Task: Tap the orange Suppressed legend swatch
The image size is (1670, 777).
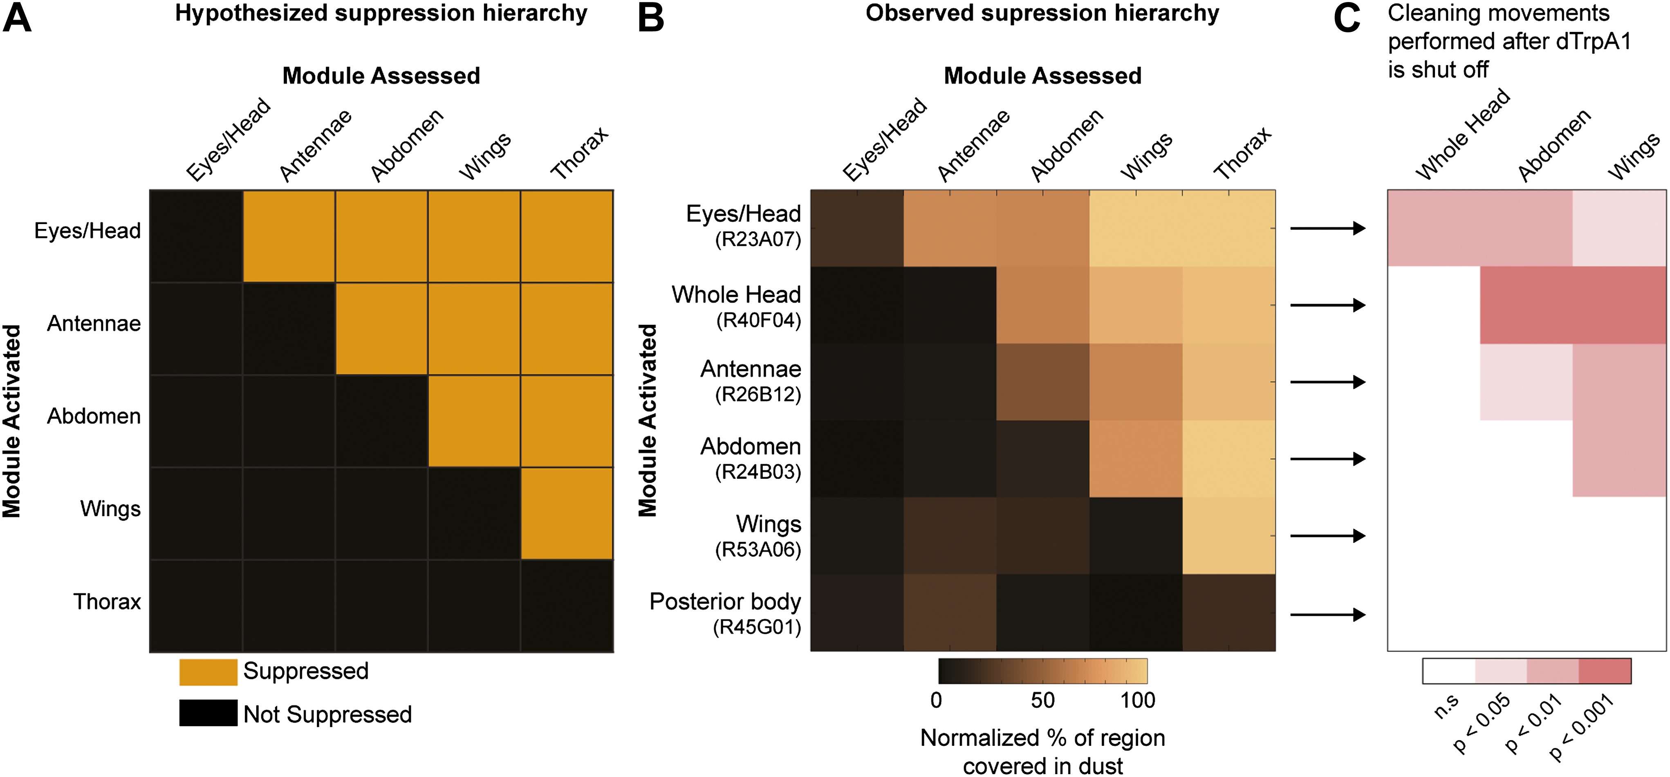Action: [x=208, y=672]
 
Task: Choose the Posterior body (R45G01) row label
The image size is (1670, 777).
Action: [x=726, y=613]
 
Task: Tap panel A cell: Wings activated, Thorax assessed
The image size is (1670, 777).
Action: [x=567, y=513]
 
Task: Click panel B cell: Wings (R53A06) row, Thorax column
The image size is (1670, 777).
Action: [x=1228, y=536]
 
